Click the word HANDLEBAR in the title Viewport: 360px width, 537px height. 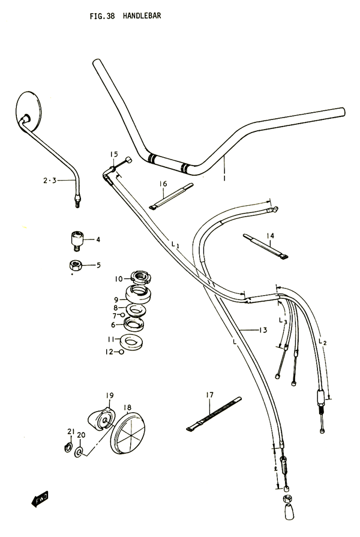pyautogui.click(x=142, y=16)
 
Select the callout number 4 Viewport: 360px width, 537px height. pyautogui.click(x=98, y=239)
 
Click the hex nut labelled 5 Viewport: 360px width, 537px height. pyautogui.click(x=76, y=265)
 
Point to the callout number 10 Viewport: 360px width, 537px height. pyautogui.click(x=119, y=279)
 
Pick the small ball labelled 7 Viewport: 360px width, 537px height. pyautogui.click(x=122, y=315)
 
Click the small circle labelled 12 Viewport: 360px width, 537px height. pyautogui.click(x=121, y=352)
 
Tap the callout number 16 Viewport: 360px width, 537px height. pyautogui.click(x=163, y=184)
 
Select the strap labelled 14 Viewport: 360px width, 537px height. pyautogui.click(x=266, y=246)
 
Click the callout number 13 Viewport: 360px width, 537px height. pyautogui.click(x=263, y=330)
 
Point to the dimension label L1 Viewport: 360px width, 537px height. pyautogui.click(x=175, y=245)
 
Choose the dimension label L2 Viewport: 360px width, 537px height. pyautogui.click(x=322, y=342)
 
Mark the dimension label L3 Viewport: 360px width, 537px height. pyautogui.click(x=283, y=321)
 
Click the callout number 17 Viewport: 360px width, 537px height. pyautogui.click(x=209, y=395)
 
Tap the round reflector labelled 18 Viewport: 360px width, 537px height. pyautogui.click(x=128, y=433)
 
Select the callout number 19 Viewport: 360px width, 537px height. pyautogui.click(x=110, y=395)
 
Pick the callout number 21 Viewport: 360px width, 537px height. pyautogui.click(x=71, y=431)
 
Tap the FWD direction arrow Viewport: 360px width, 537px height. pyautogui.click(x=40, y=499)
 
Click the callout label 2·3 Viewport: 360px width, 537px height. pyautogui.click(x=50, y=180)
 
